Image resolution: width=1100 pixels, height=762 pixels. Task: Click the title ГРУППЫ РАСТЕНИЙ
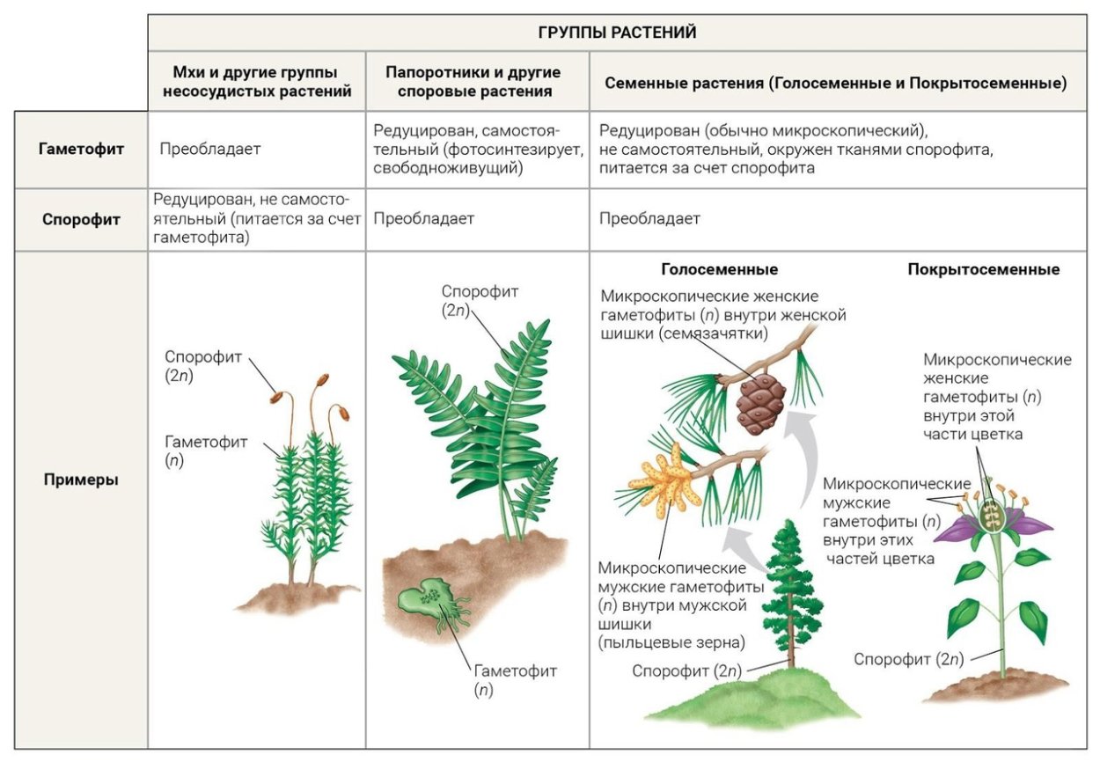(617, 33)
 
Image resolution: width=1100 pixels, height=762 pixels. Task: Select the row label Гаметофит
(81, 149)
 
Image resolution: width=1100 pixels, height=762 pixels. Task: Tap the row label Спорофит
(81, 219)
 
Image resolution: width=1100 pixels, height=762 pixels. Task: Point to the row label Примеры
(81, 480)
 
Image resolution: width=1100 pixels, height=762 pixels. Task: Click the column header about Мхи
(257, 82)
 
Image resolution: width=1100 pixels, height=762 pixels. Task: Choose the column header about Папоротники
(474, 82)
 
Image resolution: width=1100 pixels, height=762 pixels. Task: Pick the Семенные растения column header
(836, 83)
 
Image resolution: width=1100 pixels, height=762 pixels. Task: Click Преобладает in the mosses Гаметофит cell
(210, 149)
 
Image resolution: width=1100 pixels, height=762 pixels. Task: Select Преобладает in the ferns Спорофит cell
(424, 218)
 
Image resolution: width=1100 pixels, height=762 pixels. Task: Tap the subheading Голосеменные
(720, 269)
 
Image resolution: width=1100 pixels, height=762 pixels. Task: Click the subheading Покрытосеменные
(984, 269)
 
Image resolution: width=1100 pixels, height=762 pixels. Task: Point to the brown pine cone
(760, 404)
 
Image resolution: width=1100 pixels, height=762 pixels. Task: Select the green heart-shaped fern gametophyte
(426, 597)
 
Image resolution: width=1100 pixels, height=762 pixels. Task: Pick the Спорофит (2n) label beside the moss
(202, 366)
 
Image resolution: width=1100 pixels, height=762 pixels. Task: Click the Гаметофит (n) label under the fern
(515, 680)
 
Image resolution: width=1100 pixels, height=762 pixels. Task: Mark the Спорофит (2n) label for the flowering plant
(908, 659)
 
